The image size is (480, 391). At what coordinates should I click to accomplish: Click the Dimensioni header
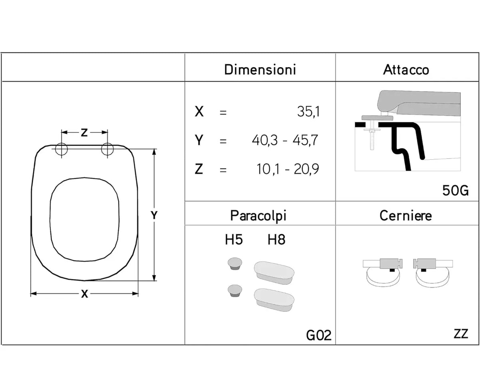pyautogui.click(x=260, y=69)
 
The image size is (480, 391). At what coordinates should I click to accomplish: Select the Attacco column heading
pyautogui.click(x=406, y=70)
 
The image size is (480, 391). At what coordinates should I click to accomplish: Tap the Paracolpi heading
pyautogui.click(x=258, y=216)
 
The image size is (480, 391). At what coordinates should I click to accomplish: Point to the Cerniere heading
pyautogui.click(x=406, y=216)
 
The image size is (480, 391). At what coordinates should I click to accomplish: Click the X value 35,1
pyautogui.click(x=308, y=111)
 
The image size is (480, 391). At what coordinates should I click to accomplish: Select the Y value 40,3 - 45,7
pyautogui.click(x=285, y=140)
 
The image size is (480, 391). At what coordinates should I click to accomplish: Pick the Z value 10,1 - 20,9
pyautogui.click(x=288, y=169)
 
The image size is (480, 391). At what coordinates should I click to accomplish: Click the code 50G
pyautogui.click(x=456, y=190)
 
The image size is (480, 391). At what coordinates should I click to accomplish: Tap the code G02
pyautogui.click(x=319, y=335)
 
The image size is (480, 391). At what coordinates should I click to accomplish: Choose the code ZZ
pyautogui.click(x=461, y=333)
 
